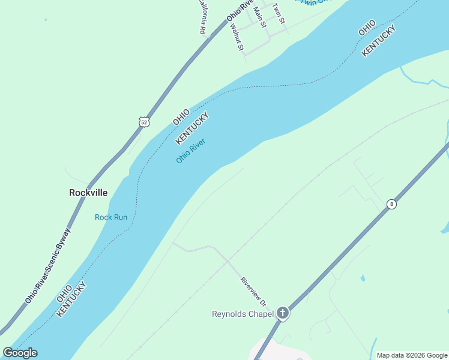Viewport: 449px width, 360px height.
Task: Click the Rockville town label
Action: pos(88,193)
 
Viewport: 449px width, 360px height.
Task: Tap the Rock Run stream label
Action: pos(111,217)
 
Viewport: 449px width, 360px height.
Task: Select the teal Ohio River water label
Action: pos(191,151)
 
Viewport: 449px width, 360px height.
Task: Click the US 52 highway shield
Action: pos(143,122)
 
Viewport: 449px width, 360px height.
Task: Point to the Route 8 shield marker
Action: pos(391,204)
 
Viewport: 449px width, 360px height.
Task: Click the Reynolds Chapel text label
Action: pos(243,313)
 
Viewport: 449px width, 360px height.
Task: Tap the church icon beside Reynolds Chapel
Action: pos(283,313)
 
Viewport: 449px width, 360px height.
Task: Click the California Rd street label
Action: pos(202,16)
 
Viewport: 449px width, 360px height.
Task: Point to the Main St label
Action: pos(259,16)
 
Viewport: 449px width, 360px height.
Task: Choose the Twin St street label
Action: pos(278,13)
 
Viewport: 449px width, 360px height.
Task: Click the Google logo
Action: pos(20,353)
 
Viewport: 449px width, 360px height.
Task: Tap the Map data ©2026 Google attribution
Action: pos(412,355)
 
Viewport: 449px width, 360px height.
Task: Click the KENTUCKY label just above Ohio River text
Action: pos(191,128)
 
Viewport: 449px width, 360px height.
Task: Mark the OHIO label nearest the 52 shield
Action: pos(181,116)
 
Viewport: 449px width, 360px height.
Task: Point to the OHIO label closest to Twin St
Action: pos(367,28)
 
